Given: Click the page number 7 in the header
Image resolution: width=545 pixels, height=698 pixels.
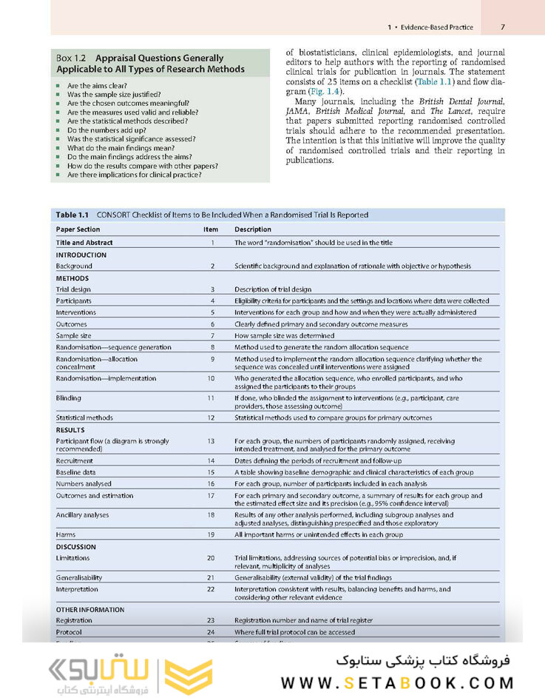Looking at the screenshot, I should [x=502, y=27].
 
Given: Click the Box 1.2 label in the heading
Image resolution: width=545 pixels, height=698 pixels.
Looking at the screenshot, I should [x=71, y=58].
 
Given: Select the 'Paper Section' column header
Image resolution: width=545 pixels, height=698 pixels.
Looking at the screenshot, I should [x=78, y=229].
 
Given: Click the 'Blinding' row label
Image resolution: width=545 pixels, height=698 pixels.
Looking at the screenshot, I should [x=69, y=397].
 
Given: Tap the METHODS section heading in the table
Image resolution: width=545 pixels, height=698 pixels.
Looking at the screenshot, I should [x=72, y=278].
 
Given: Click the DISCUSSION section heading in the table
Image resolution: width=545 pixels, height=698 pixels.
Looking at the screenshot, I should [x=76, y=547].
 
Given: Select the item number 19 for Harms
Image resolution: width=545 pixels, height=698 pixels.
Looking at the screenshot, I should [x=211, y=534].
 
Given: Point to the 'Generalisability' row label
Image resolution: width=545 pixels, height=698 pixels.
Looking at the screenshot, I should [x=79, y=577].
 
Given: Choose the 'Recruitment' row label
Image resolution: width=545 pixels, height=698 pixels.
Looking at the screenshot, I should [x=75, y=460].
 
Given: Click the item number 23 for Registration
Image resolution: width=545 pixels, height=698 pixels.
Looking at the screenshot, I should [x=211, y=620].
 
